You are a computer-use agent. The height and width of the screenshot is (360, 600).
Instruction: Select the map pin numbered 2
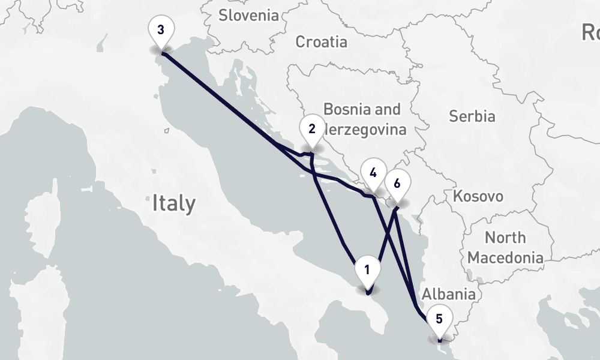(x=311, y=130)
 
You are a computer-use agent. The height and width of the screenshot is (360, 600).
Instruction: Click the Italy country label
(x=173, y=203)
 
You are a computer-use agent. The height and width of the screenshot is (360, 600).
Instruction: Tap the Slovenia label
(x=248, y=15)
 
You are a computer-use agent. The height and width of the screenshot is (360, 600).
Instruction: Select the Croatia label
(x=321, y=41)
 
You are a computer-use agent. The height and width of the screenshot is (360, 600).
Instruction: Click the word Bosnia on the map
(x=344, y=109)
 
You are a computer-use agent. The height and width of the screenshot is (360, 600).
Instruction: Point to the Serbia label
(x=472, y=116)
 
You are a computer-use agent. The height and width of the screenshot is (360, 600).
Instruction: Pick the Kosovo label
(x=478, y=196)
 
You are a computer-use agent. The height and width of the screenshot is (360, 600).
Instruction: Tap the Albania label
(x=448, y=294)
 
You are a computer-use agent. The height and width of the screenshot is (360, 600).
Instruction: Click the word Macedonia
(x=505, y=258)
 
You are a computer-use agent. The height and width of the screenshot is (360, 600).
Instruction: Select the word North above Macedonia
(x=505, y=238)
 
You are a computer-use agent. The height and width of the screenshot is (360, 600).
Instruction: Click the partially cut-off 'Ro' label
(x=590, y=32)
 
